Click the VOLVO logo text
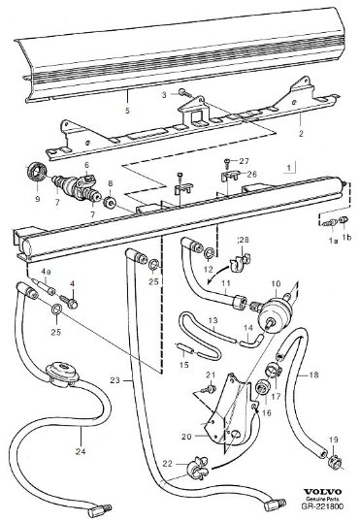pos(323,492)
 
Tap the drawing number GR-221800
pos(323,506)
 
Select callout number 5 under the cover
pos(127,111)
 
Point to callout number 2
pos(301,134)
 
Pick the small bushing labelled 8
pos(110,203)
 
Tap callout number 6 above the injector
pos(87,165)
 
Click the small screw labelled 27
pos(226,162)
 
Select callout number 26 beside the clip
pos(252,174)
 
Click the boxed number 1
pos(289,168)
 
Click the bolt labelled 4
pos(73,303)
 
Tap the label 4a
pos(46,272)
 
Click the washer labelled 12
pos(210,252)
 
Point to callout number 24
pos(81,451)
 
